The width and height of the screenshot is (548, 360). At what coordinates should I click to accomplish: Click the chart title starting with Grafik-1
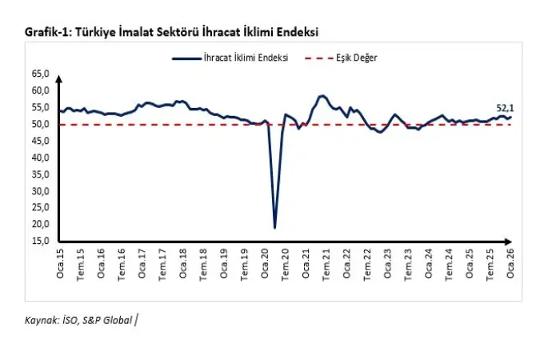[x=172, y=32]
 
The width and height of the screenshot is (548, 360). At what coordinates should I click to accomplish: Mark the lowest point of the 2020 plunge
[x=275, y=228]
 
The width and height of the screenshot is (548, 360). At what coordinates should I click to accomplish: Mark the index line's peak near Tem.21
[x=322, y=95]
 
